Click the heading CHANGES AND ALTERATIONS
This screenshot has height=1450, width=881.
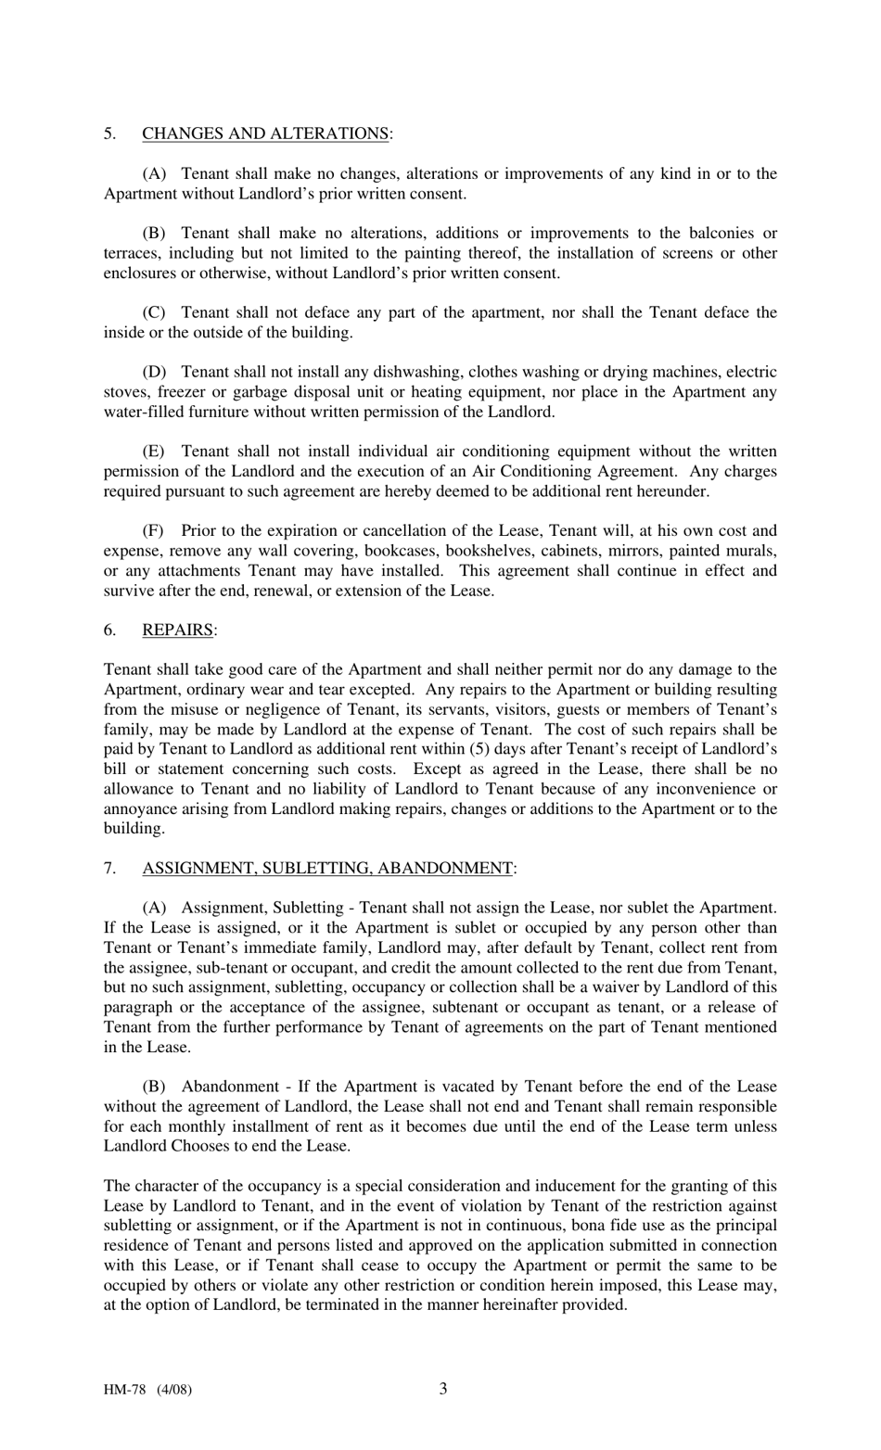tap(265, 134)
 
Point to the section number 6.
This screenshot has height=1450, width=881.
tap(109, 630)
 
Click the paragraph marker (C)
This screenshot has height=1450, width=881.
tap(154, 312)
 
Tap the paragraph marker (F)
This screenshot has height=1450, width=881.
tap(153, 530)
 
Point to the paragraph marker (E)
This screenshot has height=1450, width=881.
tap(154, 452)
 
